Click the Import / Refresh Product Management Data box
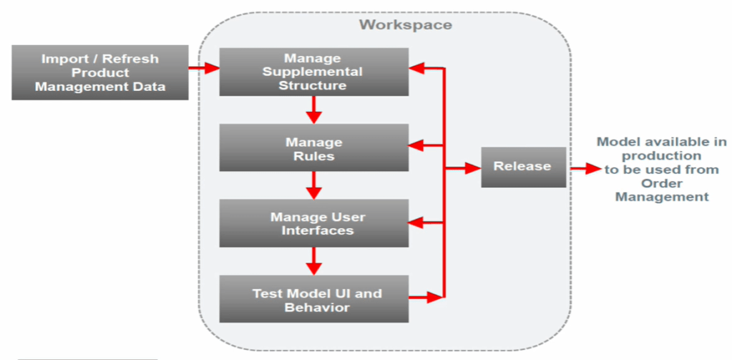pos(100,72)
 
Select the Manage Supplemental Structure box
pos(313,72)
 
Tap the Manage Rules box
pos(313,148)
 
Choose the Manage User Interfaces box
pos(313,223)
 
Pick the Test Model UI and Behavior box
pos(313,300)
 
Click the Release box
pos(523,167)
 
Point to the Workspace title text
pos(405,24)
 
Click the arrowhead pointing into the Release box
pos(472,169)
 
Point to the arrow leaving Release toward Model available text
pos(583,169)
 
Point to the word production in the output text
pos(661,155)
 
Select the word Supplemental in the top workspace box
pos(313,72)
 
